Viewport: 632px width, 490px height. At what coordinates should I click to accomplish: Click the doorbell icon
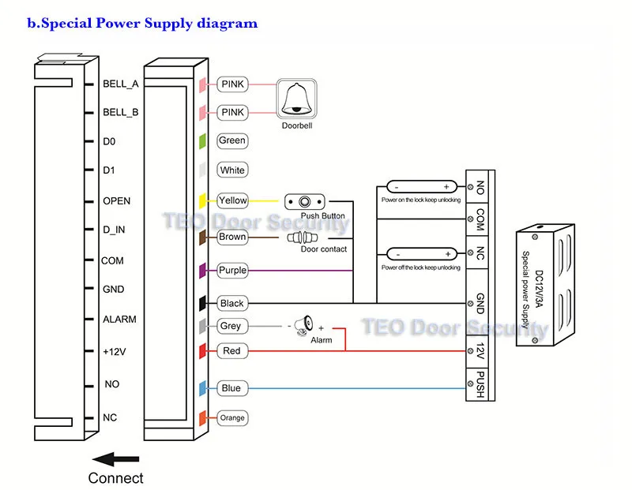tap(296, 99)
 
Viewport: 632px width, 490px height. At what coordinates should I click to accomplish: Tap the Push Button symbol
tap(304, 201)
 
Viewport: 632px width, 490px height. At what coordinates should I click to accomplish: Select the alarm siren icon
tap(304, 325)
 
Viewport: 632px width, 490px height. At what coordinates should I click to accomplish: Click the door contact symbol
tap(302, 238)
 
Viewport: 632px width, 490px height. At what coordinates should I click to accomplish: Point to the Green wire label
tap(232, 140)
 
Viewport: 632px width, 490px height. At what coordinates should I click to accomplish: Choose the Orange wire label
tap(232, 417)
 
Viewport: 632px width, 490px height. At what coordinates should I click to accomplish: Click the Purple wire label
tap(232, 270)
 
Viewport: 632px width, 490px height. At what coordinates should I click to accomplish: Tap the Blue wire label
tap(232, 388)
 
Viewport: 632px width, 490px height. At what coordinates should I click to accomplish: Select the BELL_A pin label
tap(121, 84)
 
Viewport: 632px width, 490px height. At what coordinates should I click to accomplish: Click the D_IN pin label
tap(114, 230)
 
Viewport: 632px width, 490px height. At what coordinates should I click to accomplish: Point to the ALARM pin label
tap(119, 320)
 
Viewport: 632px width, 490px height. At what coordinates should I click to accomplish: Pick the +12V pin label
tap(115, 351)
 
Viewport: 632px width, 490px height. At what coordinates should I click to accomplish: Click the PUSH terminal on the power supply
tap(480, 384)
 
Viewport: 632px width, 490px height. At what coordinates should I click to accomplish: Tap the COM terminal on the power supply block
tap(480, 219)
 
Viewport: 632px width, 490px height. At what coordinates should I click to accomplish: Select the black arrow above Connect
tap(115, 459)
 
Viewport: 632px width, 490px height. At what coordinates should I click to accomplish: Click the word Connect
tap(115, 478)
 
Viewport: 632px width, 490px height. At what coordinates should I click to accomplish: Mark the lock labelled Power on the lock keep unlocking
tap(422, 187)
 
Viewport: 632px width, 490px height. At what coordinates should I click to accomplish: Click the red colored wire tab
tap(203, 351)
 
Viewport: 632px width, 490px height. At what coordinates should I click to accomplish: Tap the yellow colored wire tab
tap(203, 201)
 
